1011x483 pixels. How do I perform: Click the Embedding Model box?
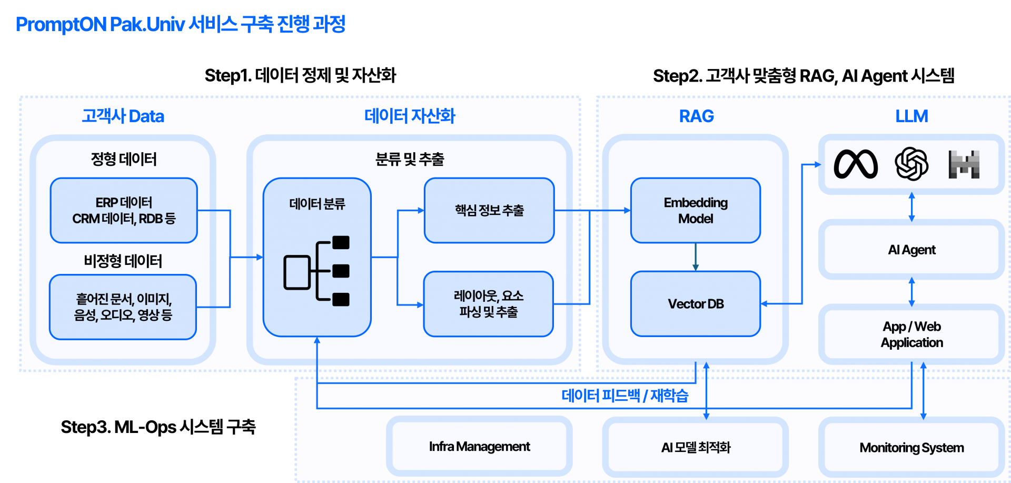[695, 210]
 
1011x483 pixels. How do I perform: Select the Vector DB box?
[695, 304]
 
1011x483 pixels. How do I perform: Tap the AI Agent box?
[911, 250]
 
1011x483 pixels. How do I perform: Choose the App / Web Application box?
[911, 334]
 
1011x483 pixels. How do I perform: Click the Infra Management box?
[479, 447]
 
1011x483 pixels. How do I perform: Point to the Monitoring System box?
[911, 448]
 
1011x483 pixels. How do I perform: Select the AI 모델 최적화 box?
[695, 448]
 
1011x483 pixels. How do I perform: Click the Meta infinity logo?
[856, 164]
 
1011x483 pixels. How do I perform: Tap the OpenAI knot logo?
[911, 164]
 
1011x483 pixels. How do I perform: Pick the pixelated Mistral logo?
[964, 164]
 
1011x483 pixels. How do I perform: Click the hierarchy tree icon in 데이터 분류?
[317, 271]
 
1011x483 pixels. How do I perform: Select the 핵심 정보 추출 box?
[489, 210]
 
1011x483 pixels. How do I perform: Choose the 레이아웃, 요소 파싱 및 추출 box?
[488, 304]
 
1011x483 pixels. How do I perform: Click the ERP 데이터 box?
[124, 210]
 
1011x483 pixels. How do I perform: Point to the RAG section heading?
[696, 116]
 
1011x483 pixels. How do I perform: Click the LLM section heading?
[911, 116]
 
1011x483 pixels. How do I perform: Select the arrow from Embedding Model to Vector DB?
[696, 257]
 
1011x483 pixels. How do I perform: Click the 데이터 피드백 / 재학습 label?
[625, 396]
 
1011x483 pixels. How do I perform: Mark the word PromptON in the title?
[61, 25]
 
